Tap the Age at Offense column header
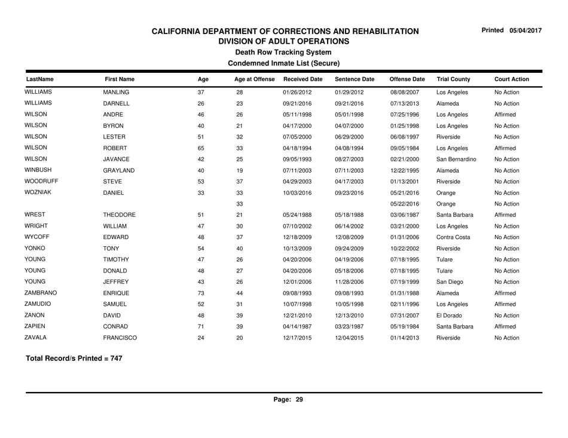click(x=254, y=78)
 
